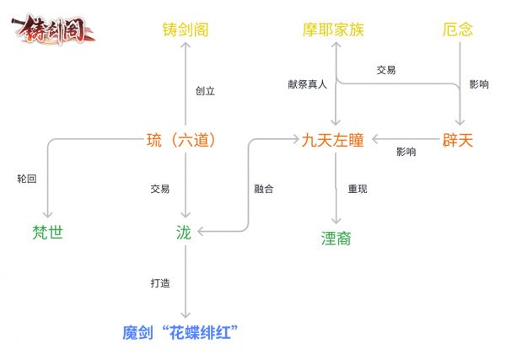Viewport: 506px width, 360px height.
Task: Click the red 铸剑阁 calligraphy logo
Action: pyautogui.click(x=53, y=30)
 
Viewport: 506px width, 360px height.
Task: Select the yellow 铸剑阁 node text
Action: pyautogui.click(x=186, y=30)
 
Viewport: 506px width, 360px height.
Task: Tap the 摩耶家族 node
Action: pyautogui.click(x=333, y=30)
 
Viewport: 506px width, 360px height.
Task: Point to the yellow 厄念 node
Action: pyautogui.click(x=458, y=30)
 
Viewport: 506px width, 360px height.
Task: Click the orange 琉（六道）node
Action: pyautogui.click(x=181, y=140)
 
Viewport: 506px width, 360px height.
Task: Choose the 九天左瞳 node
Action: pyautogui.click(x=333, y=140)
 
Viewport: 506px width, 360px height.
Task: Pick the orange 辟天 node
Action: pyautogui.click(x=458, y=140)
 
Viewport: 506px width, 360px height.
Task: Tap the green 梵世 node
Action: pyautogui.click(x=47, y=232)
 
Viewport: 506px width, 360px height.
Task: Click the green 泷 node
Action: pyautogui.click(x=184, y=232)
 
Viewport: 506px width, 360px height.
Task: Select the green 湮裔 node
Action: pyautogui.click(x=336, y=239)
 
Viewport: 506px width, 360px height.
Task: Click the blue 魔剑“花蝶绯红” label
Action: pyautogui.click(x=180, y=332)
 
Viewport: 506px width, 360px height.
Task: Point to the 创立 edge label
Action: pyautogui.click(x=205, y=91)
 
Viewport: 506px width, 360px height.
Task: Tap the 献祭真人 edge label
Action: pyautogui.click(x=307, y=84)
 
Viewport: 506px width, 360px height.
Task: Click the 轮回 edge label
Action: pyautogui.click(x=27, y=179)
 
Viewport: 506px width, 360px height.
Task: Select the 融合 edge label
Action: pyautogui.click(x=264, y=189)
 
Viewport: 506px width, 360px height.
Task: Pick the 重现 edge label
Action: pyautogui.click(x=358, y=189)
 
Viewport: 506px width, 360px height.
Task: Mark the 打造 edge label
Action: pyautogui.click(x=160, y=283)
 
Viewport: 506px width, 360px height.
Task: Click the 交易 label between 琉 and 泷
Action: pyautogui.click(x=160, y=189)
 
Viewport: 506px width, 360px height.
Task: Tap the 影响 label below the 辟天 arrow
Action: pyautogui.click(x=406, y=152)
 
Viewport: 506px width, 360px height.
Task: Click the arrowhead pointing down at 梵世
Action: pyautogui.click(x=48, y=215)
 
